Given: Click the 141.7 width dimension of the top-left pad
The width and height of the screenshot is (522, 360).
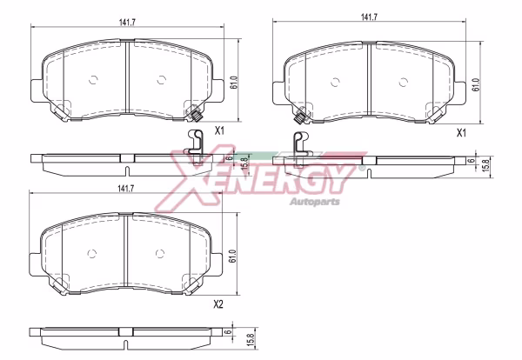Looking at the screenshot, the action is coord(127,23).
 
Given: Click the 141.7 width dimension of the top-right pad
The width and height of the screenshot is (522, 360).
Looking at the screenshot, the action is coord(369,17).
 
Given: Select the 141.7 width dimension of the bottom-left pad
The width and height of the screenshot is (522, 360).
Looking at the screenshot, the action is coord(125,189).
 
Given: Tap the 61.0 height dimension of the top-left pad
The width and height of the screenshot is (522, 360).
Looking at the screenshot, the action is coord(234,83).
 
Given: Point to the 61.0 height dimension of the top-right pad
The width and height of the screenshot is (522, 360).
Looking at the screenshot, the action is coord(476,85).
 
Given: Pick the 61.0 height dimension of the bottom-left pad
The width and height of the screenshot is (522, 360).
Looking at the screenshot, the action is coord(232,257).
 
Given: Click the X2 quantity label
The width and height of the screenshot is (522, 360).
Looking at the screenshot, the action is coord(218,304).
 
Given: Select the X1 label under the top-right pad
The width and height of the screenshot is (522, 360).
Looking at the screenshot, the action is coord(461,133).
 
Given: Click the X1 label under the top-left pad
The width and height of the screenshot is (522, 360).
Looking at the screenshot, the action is coord(219,130).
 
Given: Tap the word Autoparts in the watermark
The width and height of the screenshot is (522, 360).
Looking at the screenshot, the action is coord(315,202).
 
